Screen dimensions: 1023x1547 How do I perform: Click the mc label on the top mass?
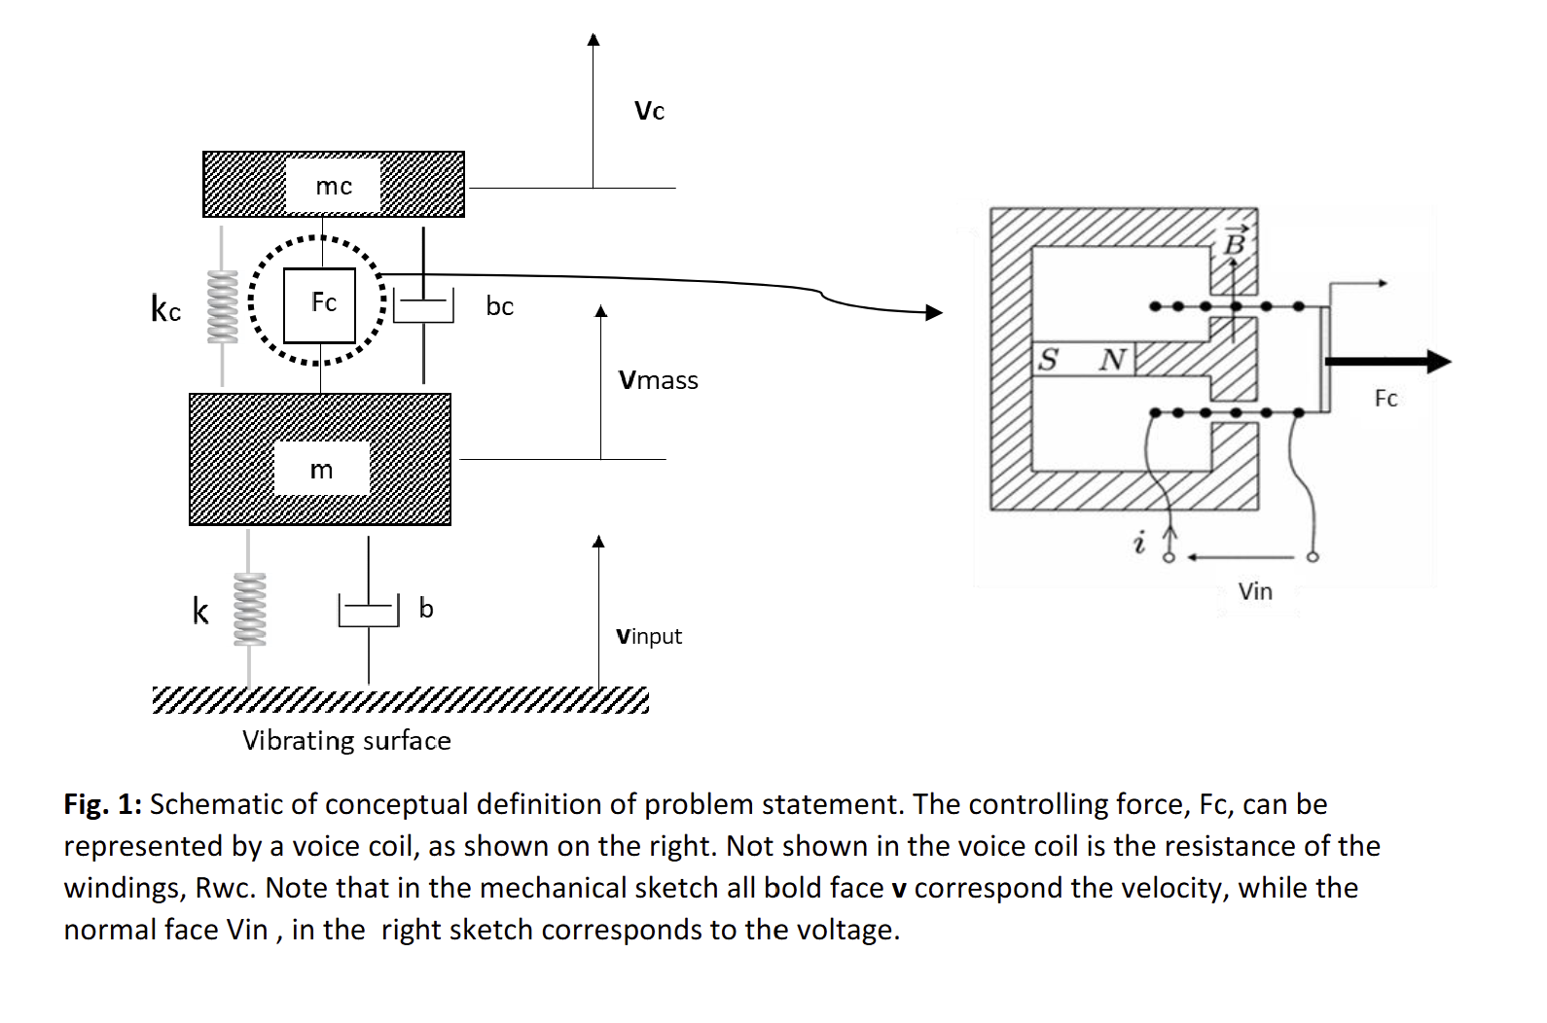click(x=334, y=186)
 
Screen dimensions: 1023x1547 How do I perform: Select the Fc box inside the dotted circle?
click(x=320, y=304)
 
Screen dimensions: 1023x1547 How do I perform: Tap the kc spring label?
click(x=166, y=309)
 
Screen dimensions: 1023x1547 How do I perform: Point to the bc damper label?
click(x=499, y=306)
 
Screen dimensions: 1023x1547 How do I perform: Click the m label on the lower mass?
click(x=321, y=470)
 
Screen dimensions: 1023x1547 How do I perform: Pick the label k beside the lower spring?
click(x=200, y=612)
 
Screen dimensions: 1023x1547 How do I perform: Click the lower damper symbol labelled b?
click(x=369, y=611)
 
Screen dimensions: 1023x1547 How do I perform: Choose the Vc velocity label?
click(x=649, y=111)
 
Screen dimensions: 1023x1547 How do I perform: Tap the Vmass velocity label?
click(x=658, y=380)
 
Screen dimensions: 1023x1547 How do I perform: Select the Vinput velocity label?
click(x=649, y=636)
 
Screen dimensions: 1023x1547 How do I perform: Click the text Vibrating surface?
click(x=346, y=741)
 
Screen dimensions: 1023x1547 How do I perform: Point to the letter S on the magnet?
click(x=1048, y=359)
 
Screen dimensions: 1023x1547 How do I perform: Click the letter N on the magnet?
click(x=1112, y=360)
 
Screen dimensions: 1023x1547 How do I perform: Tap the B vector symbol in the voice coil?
click(x=1234, y=241)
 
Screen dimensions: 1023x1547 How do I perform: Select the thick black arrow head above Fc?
click(x=1438, y=362)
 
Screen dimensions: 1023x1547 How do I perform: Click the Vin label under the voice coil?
click(x=1255, y=591)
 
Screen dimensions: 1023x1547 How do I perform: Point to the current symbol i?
click(x=1139, y=542)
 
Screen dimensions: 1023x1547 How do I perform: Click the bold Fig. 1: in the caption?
click(x=103, y=804)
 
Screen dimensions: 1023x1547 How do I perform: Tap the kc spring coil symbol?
click(x=223, y=305)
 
